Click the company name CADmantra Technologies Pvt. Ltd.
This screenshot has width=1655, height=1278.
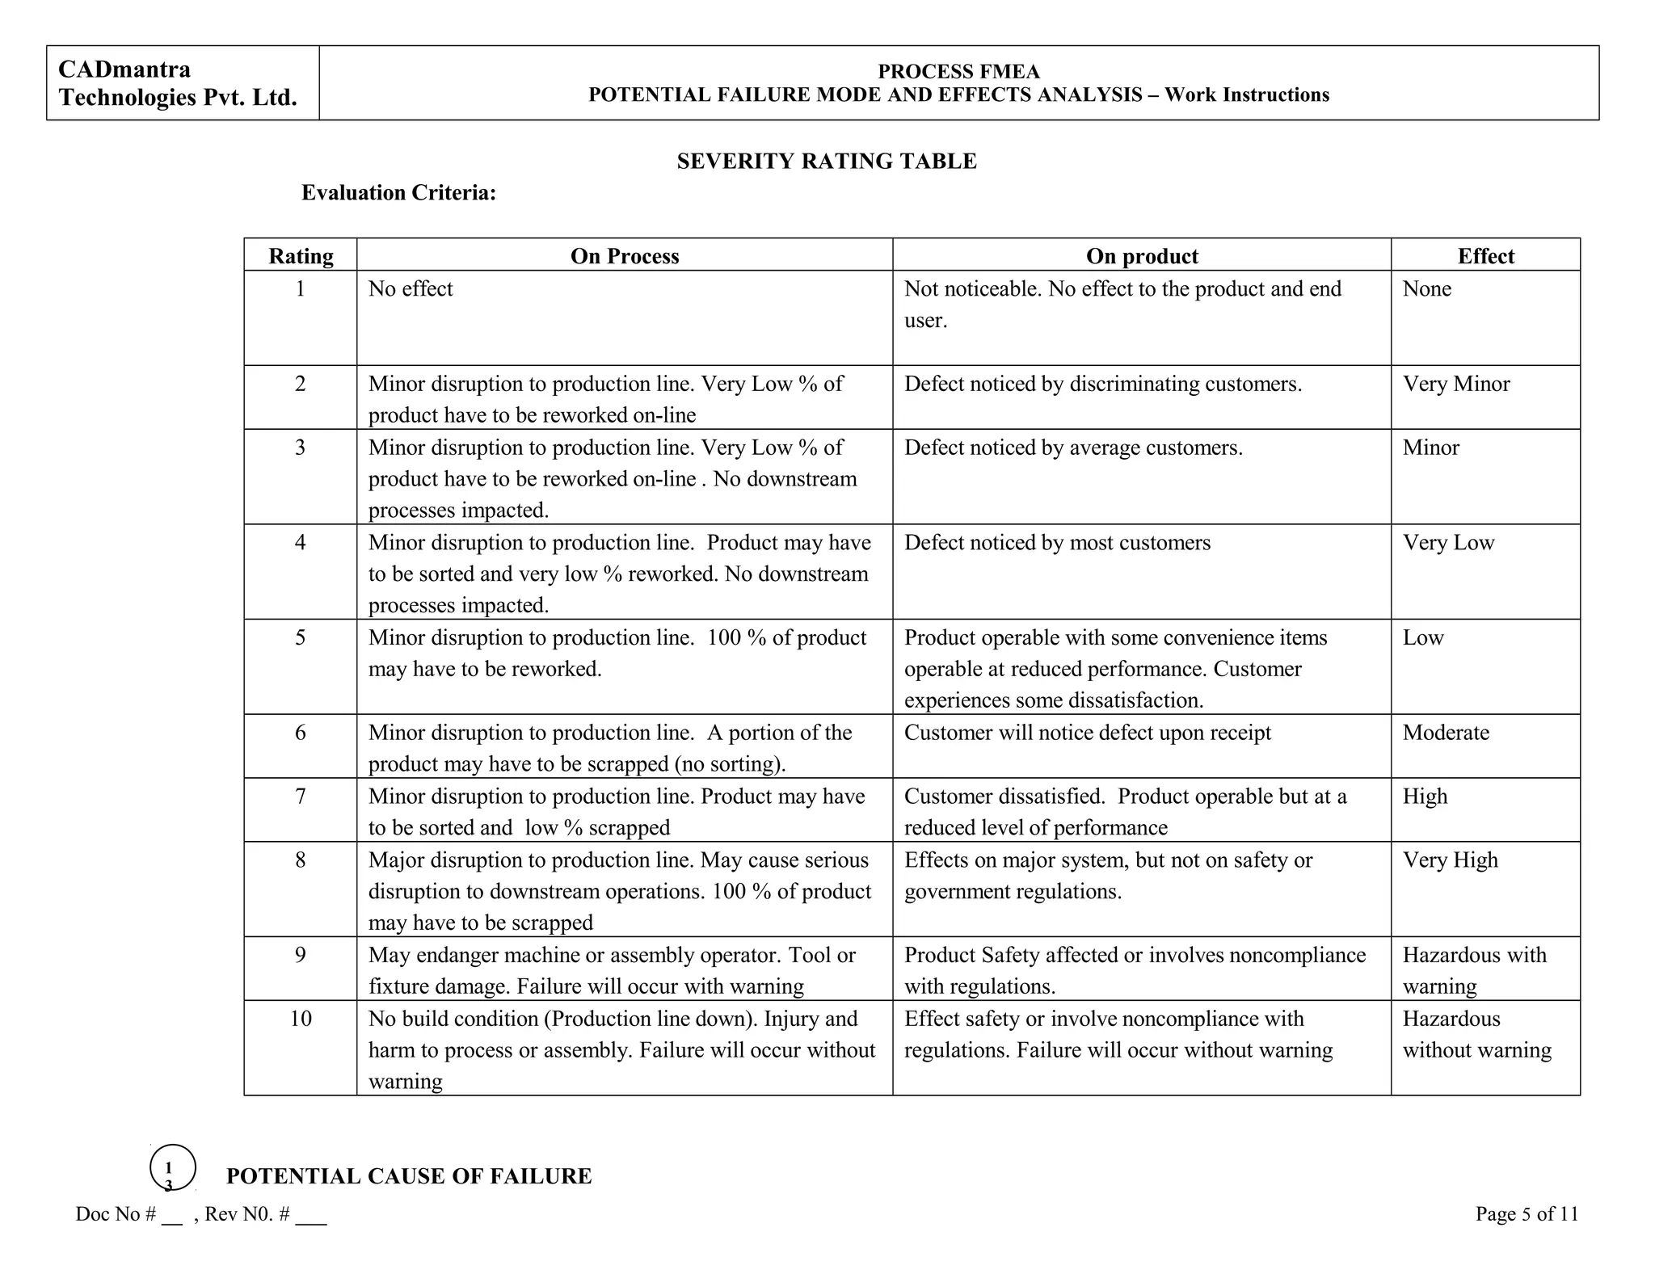coord(178,83)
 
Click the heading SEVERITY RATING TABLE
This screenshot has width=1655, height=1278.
coord(827,162)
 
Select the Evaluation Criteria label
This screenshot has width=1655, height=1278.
coord(398,193)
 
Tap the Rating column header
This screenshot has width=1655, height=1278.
coord(301,256)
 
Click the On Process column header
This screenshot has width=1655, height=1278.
coord(624,256)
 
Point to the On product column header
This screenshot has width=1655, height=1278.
coord(1141,256)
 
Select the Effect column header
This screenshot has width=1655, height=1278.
coord(1485,256)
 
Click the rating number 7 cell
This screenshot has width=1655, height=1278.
coord(301,797)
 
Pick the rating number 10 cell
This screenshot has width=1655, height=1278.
coord(301,1019)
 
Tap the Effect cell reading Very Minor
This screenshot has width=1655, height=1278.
coord(1455,384)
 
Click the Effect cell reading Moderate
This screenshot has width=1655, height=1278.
coord(1445,733)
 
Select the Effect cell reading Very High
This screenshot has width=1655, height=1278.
coord(1450,860)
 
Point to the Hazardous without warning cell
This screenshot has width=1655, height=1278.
coord(1476,1035)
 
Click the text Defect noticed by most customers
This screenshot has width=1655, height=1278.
coord(1057,543)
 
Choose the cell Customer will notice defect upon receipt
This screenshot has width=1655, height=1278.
coord(1087,733)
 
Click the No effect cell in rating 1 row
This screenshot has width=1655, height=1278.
coord(411,289)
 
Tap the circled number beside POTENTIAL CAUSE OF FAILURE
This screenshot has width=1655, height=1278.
coord(172,1168)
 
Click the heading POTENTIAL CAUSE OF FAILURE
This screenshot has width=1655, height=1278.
coord(409,1176)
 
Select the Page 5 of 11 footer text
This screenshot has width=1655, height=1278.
coord(1526,1214)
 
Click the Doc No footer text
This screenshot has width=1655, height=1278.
coord(200,1214)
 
